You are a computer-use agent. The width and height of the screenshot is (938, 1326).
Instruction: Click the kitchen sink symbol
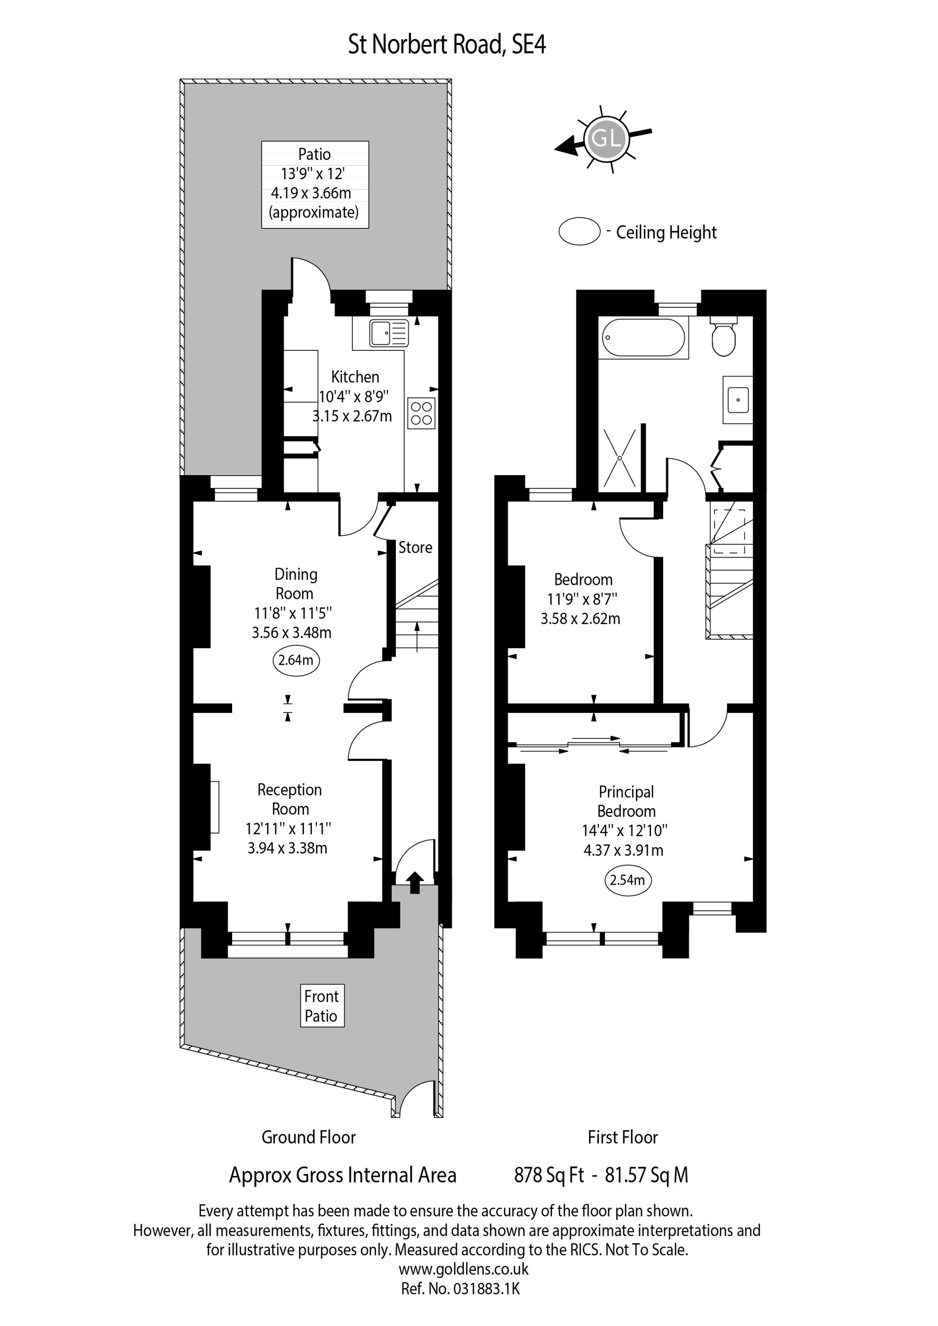coord(389,333)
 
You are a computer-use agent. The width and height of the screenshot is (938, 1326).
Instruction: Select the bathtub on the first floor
coord(643,338)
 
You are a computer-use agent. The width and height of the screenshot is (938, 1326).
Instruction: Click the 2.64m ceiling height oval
coord(296,660)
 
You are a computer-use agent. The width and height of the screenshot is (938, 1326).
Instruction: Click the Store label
coord(415,547)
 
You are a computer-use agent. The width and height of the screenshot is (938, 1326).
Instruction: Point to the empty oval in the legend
coord(579,232)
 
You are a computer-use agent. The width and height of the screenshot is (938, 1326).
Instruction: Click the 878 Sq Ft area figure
coord(549,1175)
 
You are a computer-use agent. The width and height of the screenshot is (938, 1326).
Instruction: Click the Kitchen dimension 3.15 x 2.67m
coord(352,416)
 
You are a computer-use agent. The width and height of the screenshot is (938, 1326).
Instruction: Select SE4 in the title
coord(529,45)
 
